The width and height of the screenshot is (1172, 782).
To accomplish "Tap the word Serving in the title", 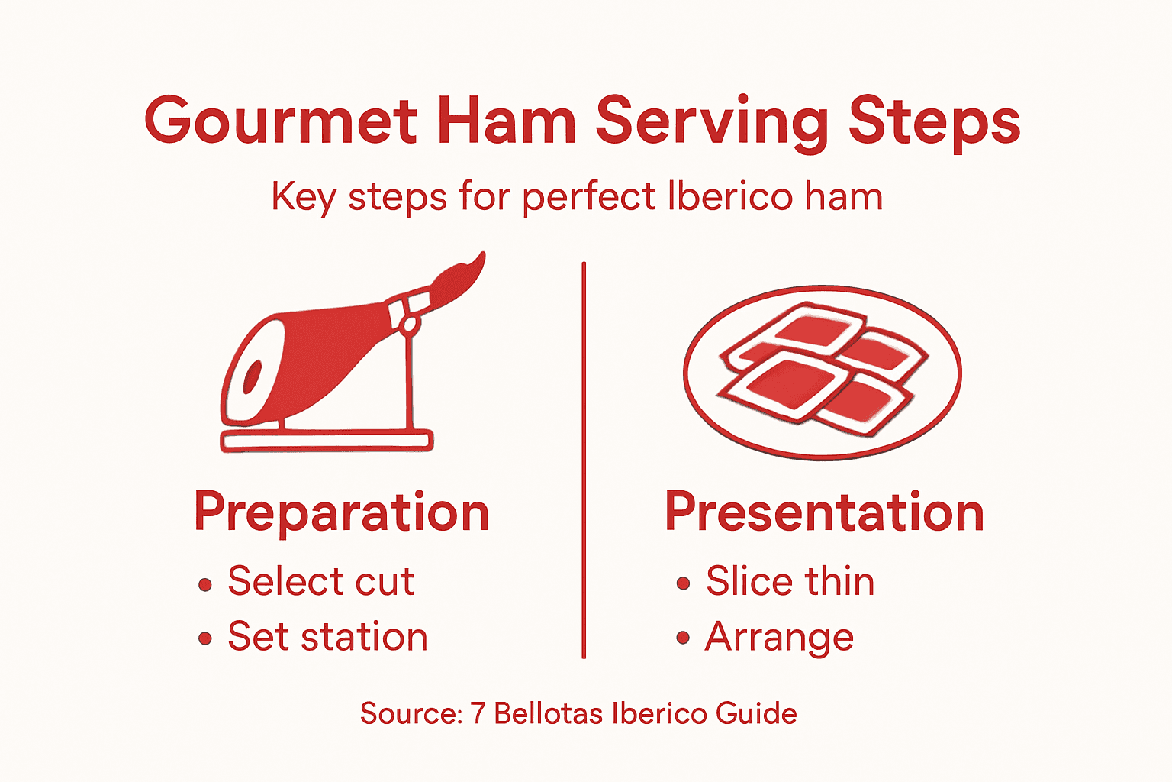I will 711,122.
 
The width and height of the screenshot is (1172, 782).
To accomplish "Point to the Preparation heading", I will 341,512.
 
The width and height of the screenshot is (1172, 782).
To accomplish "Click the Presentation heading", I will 824,512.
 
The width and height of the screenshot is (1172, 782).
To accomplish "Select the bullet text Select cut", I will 321,582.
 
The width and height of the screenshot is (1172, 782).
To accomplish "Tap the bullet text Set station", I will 327,637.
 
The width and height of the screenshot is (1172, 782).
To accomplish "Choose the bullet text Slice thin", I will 790,582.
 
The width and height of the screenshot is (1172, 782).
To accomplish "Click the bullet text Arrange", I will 779,637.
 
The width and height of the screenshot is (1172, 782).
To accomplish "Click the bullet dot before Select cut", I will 204,585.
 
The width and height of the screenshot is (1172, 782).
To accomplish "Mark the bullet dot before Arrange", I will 683,638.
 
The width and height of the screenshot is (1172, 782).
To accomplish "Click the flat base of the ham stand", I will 327,441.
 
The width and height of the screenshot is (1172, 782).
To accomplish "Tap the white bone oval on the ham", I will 251,376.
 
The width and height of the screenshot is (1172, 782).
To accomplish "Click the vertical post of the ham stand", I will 409,382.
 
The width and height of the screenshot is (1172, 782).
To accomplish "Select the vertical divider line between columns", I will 584,458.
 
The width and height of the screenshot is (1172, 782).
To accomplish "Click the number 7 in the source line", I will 478,713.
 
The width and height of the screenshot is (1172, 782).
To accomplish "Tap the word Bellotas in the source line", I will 549,713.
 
